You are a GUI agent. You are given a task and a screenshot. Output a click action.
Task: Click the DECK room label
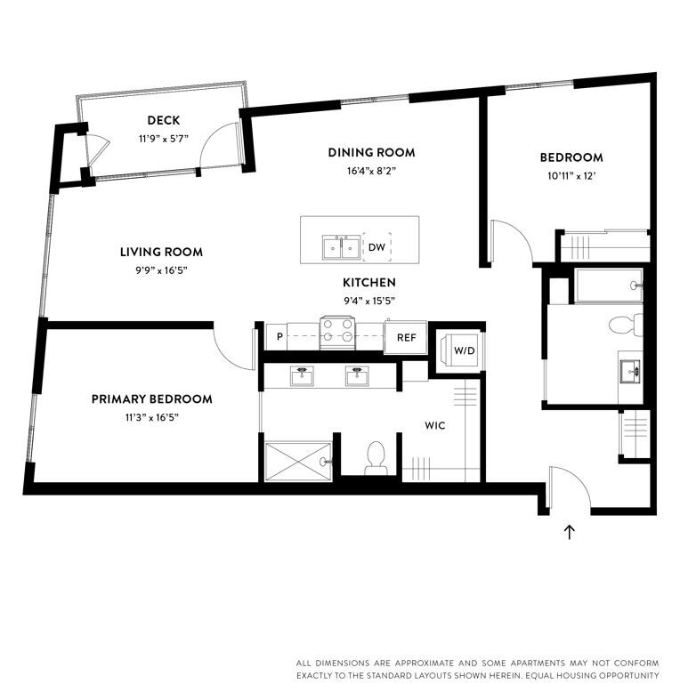(x=164, y=120)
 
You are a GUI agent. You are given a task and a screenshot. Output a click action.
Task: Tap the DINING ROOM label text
(x=371, y=152)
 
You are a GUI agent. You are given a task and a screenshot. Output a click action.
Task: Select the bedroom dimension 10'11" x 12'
(x=571, y=175)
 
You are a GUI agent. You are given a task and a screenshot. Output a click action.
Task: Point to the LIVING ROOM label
(x=161, y=252)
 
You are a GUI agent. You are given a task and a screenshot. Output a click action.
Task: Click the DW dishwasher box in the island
(x=376, y=247)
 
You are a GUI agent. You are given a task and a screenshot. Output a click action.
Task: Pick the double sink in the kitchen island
(x=341, y=246)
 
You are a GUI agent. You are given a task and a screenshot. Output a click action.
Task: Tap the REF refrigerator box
(x=406, y=337)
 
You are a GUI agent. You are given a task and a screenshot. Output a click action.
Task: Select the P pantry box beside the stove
(x=279, y=337)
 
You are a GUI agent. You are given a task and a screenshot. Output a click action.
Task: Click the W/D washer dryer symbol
(x=464, y=350)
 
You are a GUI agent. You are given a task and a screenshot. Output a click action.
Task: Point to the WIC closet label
(x=434, y=426)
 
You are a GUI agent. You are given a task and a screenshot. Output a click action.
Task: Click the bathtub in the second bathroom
(x=609, y=286)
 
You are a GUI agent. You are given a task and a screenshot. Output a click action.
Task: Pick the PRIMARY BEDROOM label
(x=151, y=399)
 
